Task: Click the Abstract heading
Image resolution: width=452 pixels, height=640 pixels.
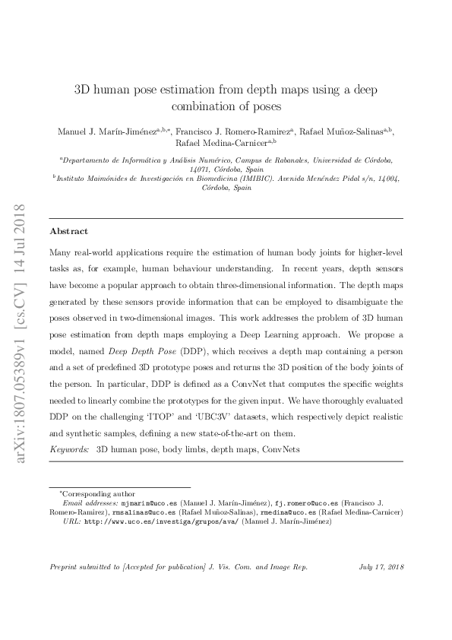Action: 68,231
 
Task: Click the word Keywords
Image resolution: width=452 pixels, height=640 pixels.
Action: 68,449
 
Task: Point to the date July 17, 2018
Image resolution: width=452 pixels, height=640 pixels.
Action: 380,567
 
